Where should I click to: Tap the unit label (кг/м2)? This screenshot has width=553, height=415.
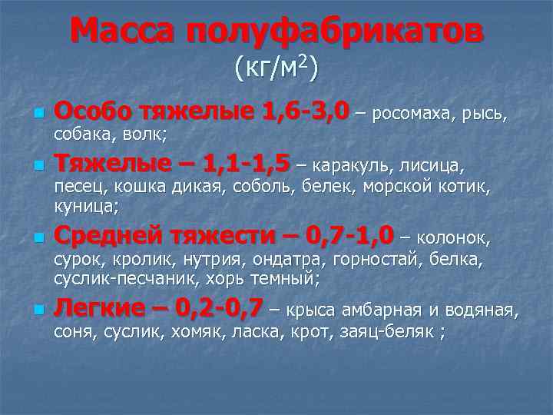[276, 68]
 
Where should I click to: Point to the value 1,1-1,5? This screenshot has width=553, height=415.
[247, 164]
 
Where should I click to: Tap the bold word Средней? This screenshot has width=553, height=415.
[110, 234]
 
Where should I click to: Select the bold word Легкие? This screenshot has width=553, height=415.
[100, 309]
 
